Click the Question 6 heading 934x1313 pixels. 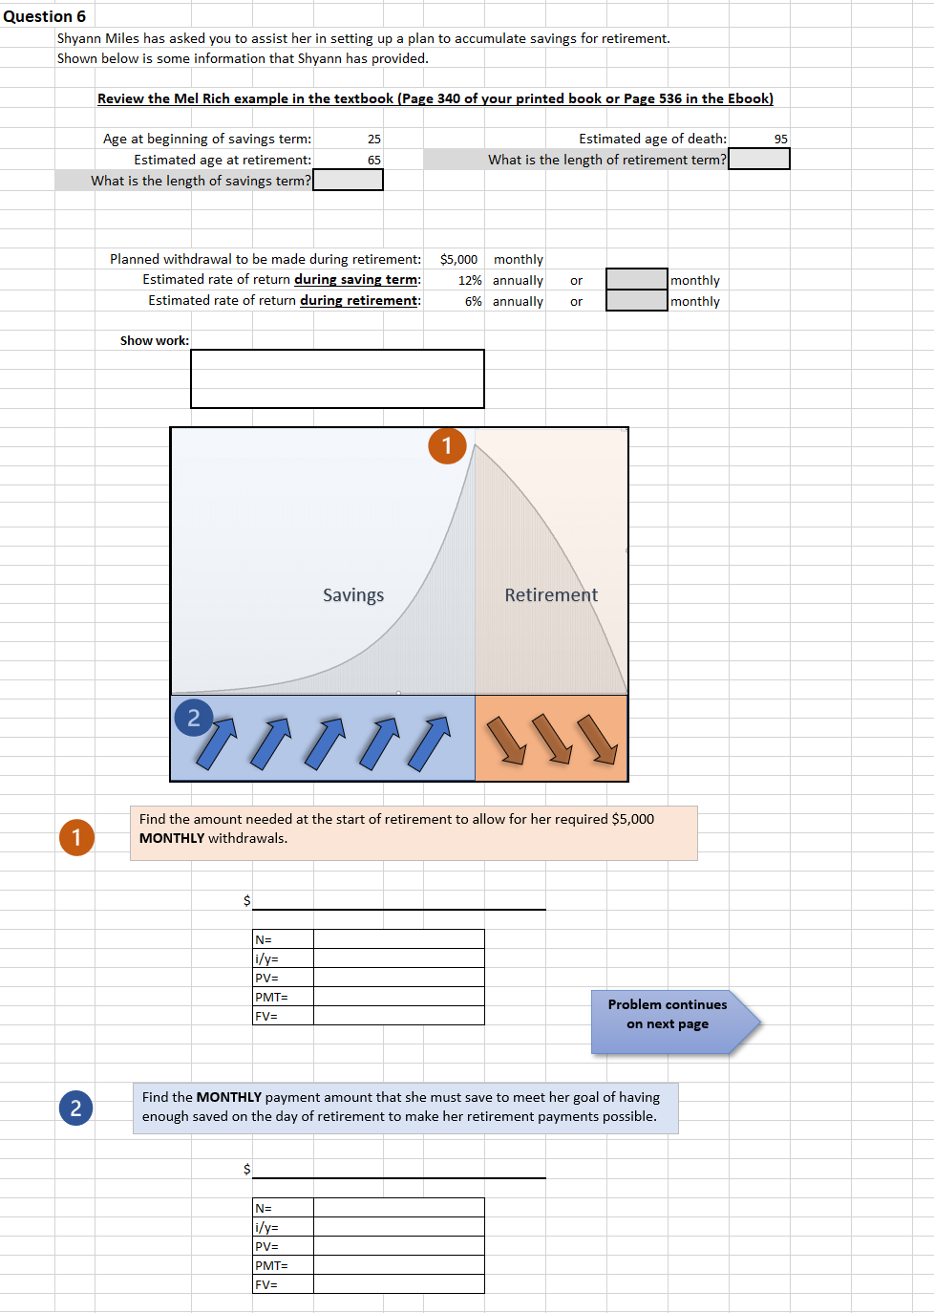pos(44,16)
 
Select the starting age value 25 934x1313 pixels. pos(373,140)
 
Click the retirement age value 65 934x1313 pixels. pos(373,161)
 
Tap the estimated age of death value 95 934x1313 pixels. pos(780,140)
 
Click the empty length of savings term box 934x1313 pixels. pos(348,181)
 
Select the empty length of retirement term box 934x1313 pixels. pos(758,160)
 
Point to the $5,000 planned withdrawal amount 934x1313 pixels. pos(458,260)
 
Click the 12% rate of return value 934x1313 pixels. pos(470,281)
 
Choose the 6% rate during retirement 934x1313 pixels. pos(473,302)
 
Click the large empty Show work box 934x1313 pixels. pos(337,378)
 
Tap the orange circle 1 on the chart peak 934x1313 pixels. pos(447,445)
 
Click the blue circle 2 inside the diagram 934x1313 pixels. pos(194,718)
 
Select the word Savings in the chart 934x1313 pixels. pos(353,595)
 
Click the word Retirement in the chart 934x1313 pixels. pos(551,595)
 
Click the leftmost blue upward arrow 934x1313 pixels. pos(216,743)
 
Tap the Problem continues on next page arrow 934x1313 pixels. pos(673,1022)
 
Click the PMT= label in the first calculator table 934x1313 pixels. pos(271,998)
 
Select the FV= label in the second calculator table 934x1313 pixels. pos(266,1285)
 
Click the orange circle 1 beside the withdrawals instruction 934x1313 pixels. pos(76,838)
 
